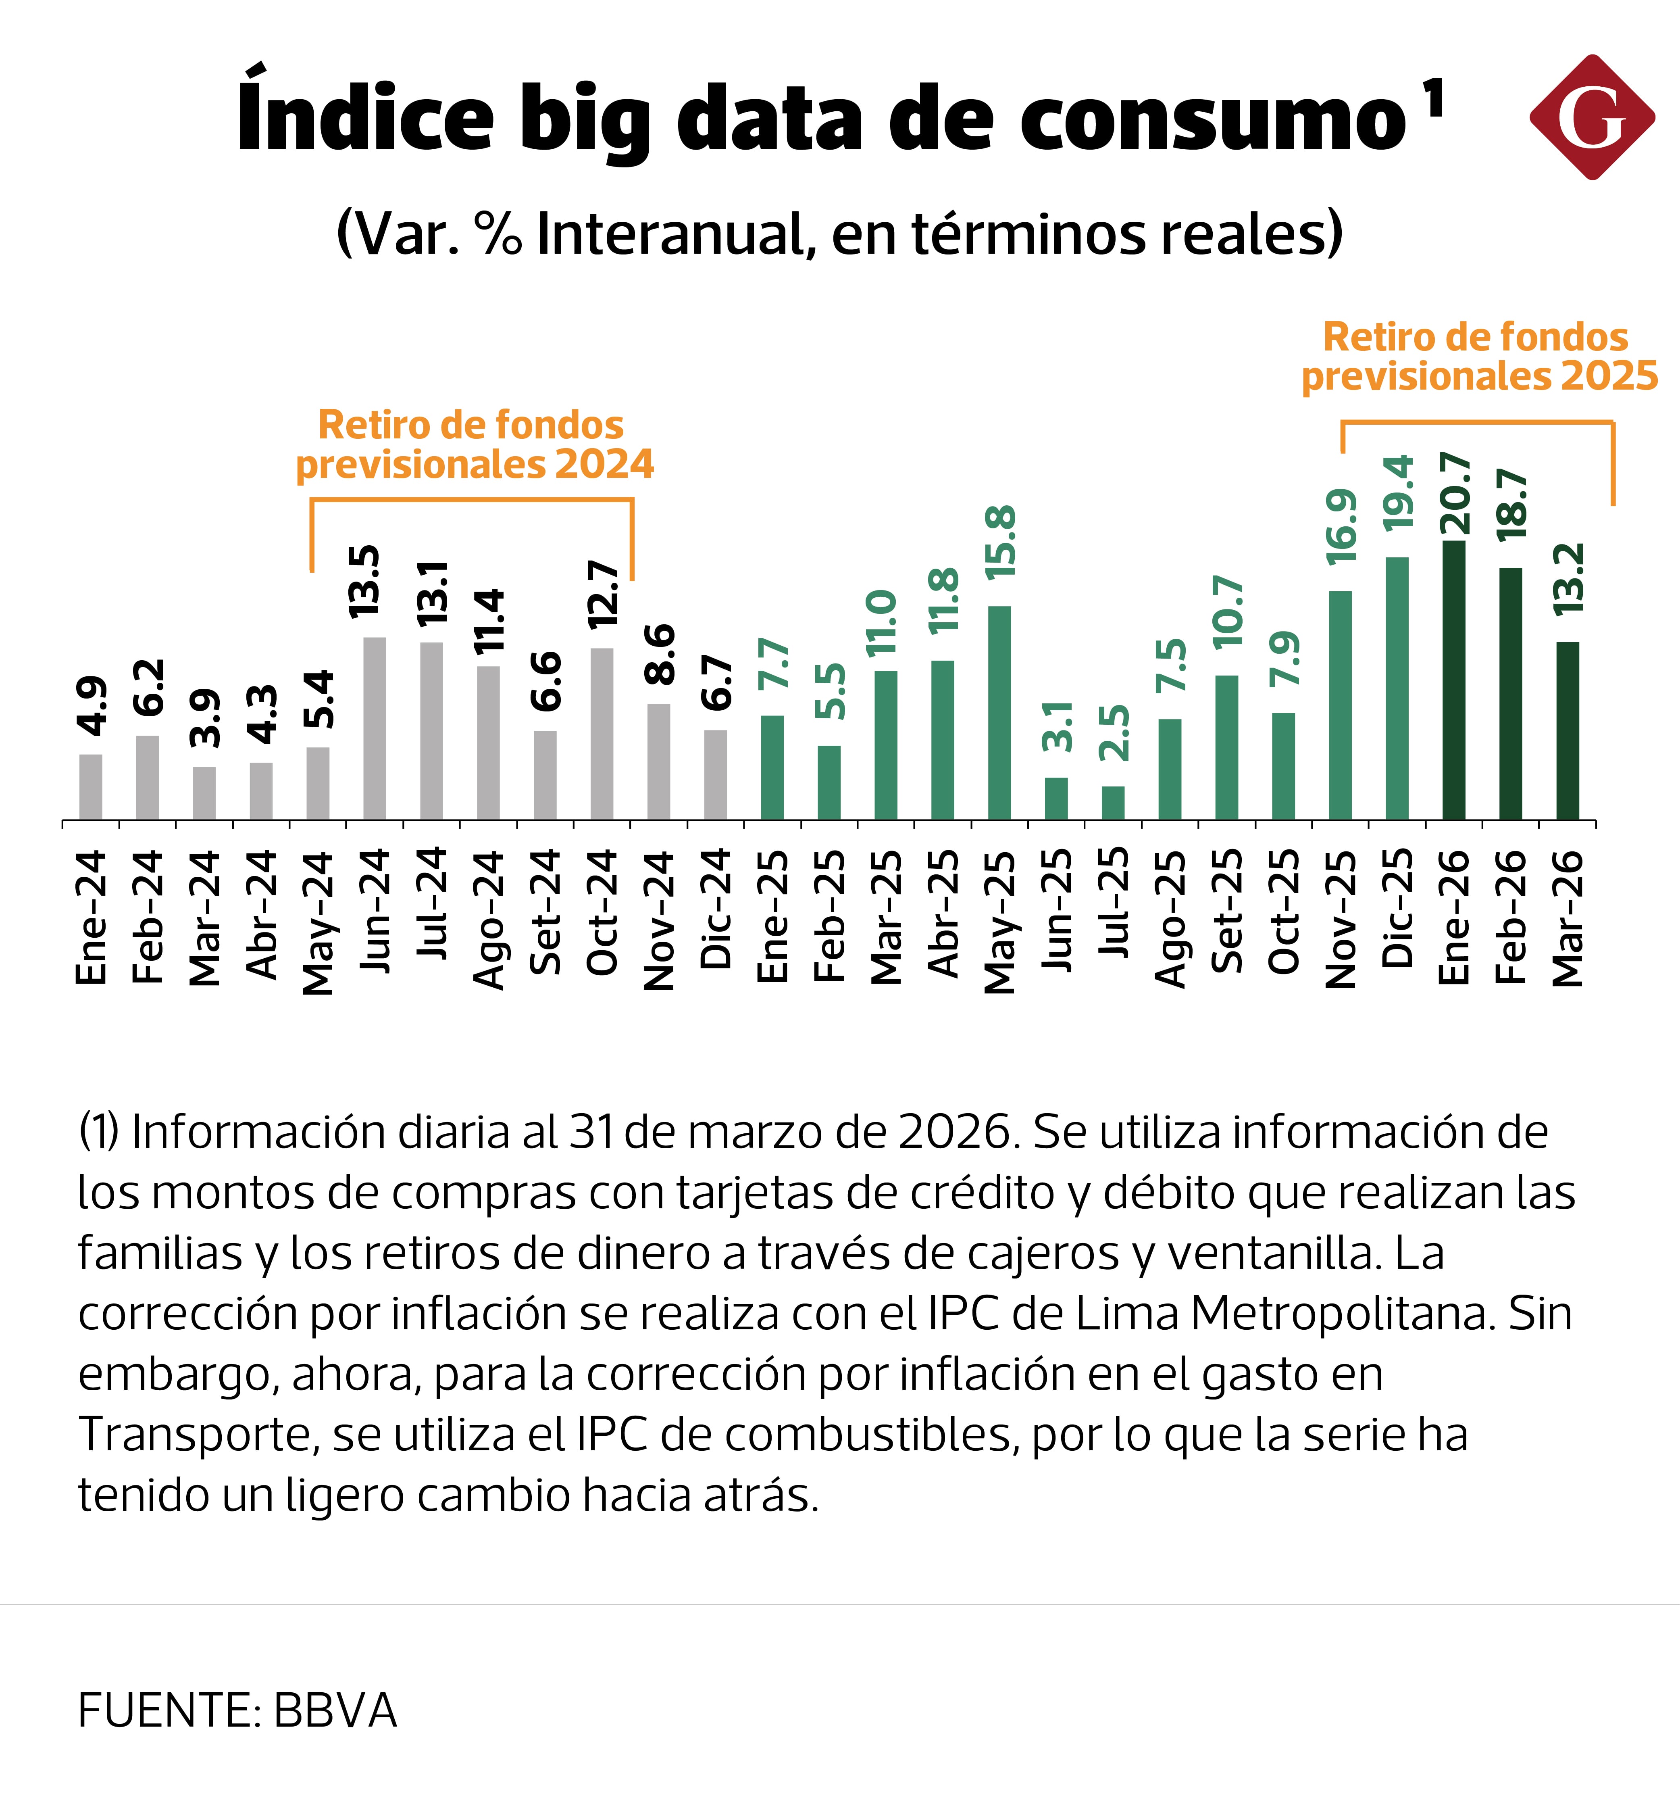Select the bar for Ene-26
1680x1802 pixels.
1453,680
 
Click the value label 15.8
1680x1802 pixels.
1001,542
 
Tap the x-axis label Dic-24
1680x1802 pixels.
716,909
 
